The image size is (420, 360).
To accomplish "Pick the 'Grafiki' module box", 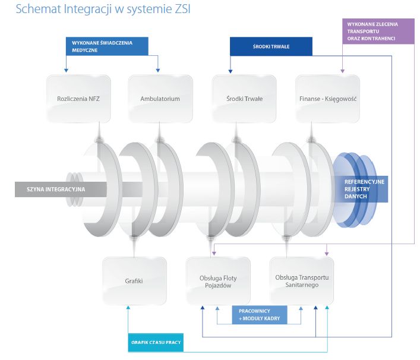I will tap(134, 280).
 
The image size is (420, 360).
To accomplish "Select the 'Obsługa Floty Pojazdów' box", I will tap(218, 280).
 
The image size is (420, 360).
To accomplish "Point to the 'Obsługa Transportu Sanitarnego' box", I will tap(302, 280).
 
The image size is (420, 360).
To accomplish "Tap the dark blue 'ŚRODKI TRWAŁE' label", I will tap(271, 46).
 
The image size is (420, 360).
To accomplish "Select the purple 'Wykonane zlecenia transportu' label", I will tap(377, 31).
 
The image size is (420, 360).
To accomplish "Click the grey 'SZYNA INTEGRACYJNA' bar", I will tap(59, 189).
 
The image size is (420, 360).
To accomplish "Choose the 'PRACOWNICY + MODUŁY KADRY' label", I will tap(259, 315).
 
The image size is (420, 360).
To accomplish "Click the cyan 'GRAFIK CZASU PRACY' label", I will tap(156, 343).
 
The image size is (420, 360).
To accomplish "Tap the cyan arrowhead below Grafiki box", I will tap(128, 308).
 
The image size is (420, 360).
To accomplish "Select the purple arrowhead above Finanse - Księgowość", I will tap(342, 72).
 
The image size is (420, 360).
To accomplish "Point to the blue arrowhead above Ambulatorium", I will tap(159, 72).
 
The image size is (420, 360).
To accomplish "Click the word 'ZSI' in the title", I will tap(182, 10).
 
